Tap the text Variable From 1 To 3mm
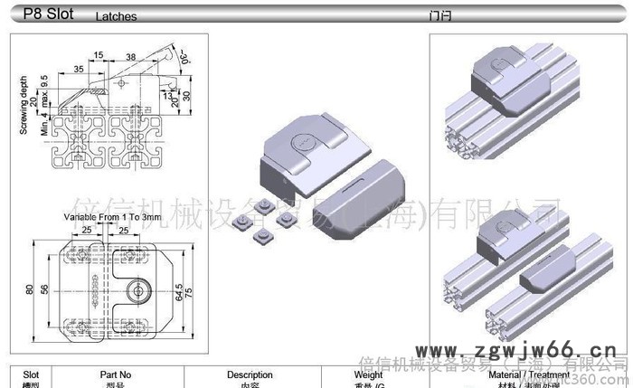tap(112, 218)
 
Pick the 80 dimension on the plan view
tap(29, 289)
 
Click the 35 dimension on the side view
tap(80, 69)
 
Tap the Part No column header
tap(115, 374)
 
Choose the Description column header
tap(250, 374)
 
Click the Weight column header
tap(368, 374)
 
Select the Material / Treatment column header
tap(529, 374)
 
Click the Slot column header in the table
tap(31, 374)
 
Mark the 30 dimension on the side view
tap(187, 95)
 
